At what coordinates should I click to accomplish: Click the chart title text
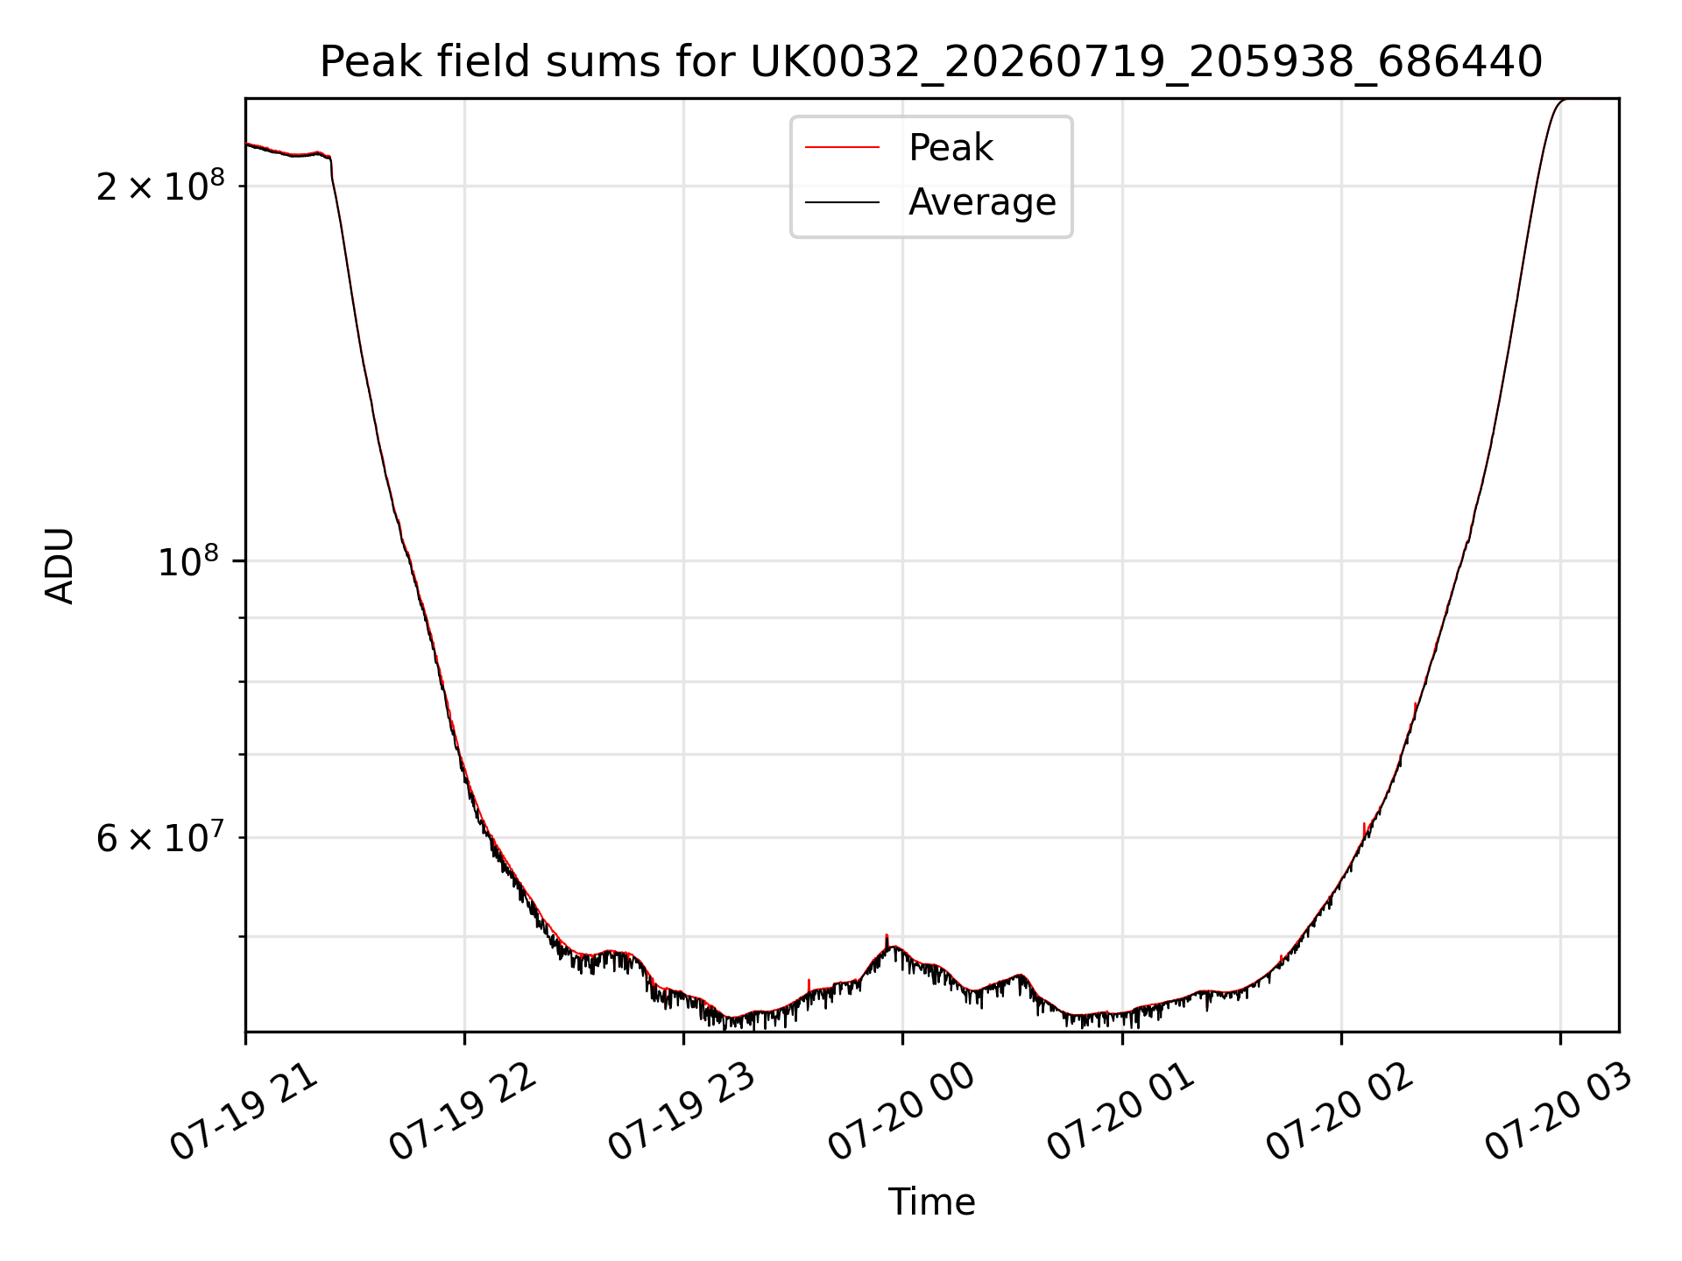(931, 62)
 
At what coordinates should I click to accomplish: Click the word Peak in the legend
(951, 148)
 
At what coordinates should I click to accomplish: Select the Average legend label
(982, 202)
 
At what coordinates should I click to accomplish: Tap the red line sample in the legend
(842, 148)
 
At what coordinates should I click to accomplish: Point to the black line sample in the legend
(842, 202)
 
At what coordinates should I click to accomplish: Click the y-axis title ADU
(60, 566)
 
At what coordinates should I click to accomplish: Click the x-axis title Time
(931, 1202)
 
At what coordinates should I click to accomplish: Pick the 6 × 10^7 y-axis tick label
(160, 837)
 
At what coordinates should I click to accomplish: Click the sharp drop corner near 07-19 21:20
(330, 159)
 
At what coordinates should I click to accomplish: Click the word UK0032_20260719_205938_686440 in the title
(1146, 63)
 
